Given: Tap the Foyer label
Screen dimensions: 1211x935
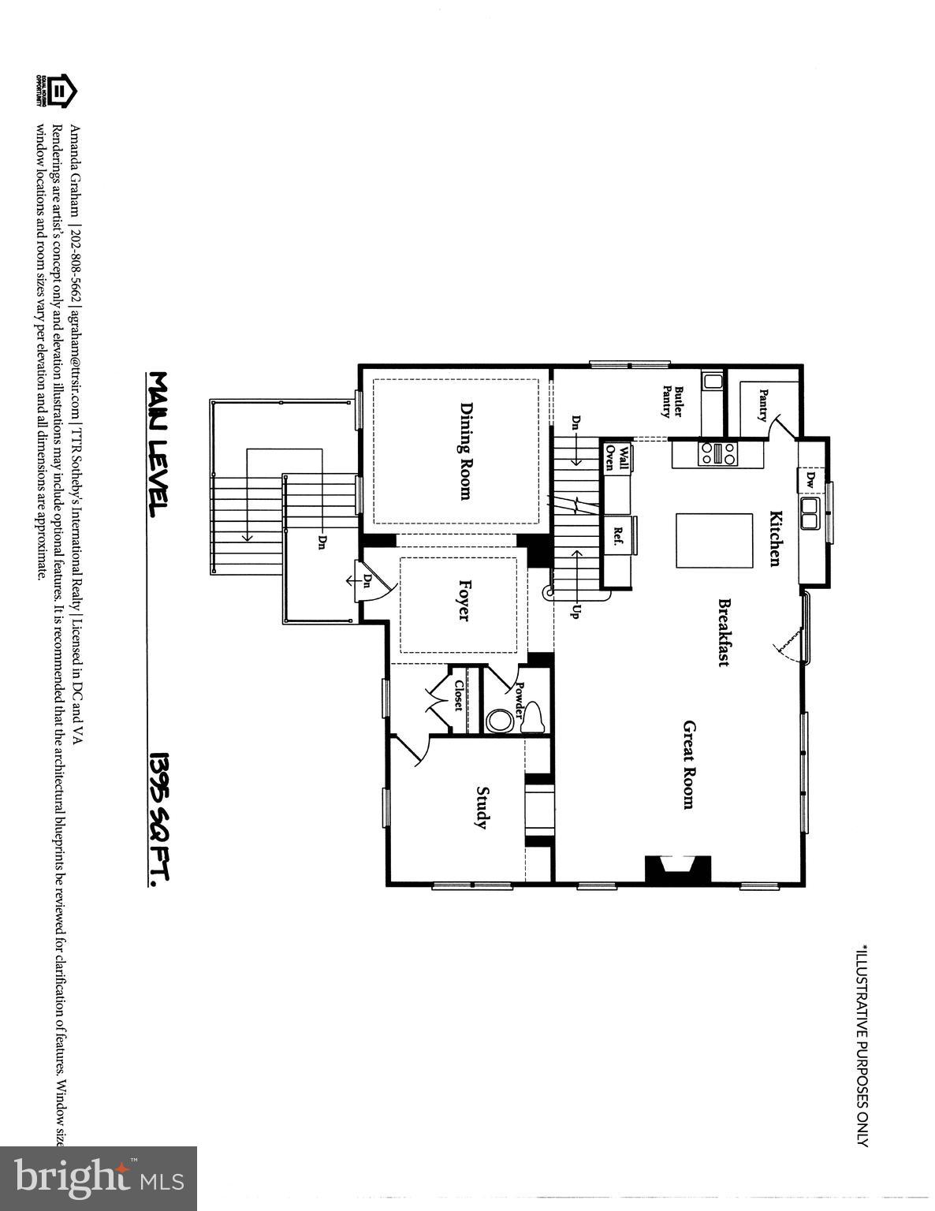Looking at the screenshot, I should [x=464, y=602].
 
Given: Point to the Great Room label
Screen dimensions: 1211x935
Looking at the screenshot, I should [x=688, y=764].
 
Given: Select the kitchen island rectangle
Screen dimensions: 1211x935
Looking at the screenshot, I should [x=714, y=540].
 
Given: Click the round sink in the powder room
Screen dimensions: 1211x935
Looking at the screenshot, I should [x=498, y=721].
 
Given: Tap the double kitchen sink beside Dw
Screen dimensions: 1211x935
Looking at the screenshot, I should [x=810, y=513].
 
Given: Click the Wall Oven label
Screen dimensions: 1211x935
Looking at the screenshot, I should [x=617, y=457].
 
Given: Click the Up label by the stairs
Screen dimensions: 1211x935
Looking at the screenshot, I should [x=574, y=610].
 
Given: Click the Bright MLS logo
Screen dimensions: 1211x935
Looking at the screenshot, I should [x=99, y=1178].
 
